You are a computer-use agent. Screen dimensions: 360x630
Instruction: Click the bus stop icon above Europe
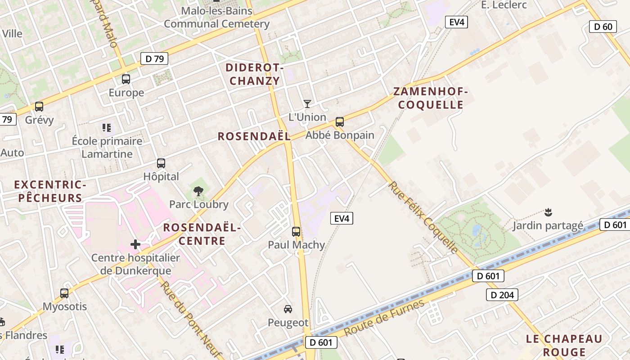point(126,79)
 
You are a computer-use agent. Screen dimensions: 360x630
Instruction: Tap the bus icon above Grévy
point(39,107)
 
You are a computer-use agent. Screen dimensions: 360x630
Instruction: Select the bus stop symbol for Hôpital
point(161,163)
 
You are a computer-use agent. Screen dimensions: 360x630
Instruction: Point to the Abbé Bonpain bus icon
point(340,121)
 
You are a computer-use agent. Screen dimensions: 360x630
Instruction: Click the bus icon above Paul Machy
point(296,232)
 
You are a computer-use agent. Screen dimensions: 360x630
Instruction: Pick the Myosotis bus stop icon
point(64,293)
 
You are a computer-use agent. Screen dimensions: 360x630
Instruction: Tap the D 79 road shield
point(154,58)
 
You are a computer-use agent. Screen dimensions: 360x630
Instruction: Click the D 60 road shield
point(603,27)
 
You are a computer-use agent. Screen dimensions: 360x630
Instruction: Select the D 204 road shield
point(502,295)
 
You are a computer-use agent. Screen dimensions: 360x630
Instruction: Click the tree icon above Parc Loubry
point(198,191)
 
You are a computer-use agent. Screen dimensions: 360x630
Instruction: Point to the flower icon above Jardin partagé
point(548,211)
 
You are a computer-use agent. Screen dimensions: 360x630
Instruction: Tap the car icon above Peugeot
point(288,309)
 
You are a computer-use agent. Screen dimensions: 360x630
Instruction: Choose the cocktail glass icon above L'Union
point(307,104)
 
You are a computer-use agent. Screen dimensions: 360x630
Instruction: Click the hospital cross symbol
point(135,244)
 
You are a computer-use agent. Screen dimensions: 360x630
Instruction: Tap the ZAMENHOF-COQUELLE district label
point(428,98)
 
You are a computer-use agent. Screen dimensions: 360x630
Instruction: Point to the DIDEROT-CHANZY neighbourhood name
point(254,74)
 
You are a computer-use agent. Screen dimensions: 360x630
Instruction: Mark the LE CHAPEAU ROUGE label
point(564,345)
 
